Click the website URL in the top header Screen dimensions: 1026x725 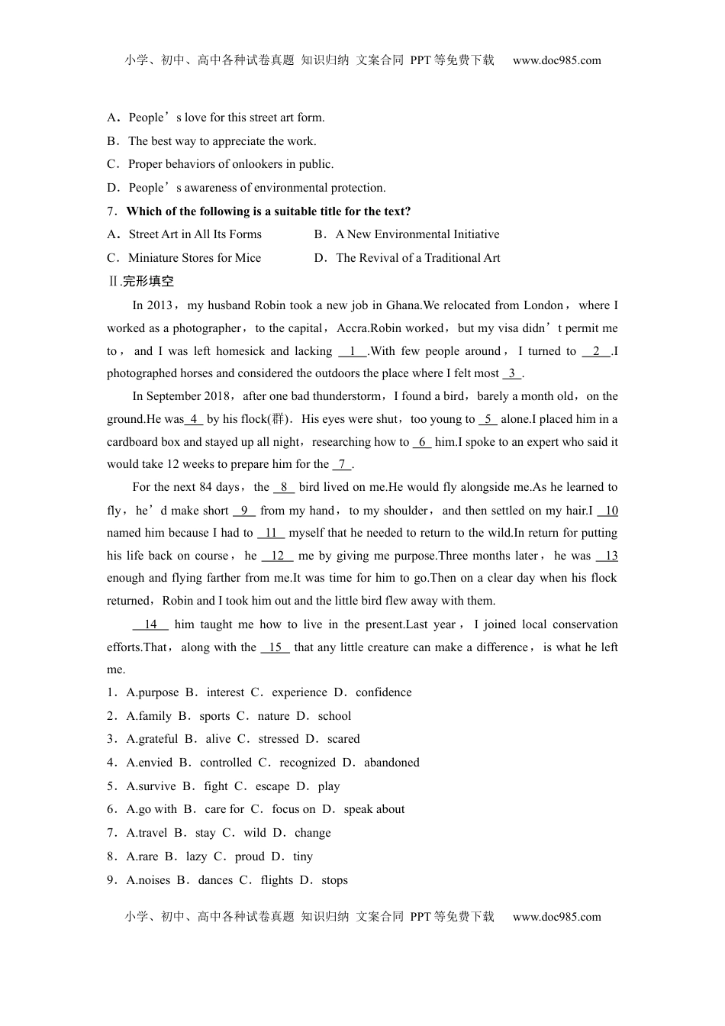[556, 60]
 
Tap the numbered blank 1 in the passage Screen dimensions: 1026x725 [353, 351]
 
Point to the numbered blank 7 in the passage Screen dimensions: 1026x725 [342, 464]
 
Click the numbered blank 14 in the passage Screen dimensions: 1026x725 [150, 624]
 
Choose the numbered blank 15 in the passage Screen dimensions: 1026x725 [275, 647]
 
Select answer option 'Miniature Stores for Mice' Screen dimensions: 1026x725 [195, 258]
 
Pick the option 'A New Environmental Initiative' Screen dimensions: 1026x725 [417, 234]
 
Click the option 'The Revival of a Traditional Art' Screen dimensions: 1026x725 [418, 258]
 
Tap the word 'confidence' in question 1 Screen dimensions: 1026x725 [383, 692]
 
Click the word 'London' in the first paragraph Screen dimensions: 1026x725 [543, 305]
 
